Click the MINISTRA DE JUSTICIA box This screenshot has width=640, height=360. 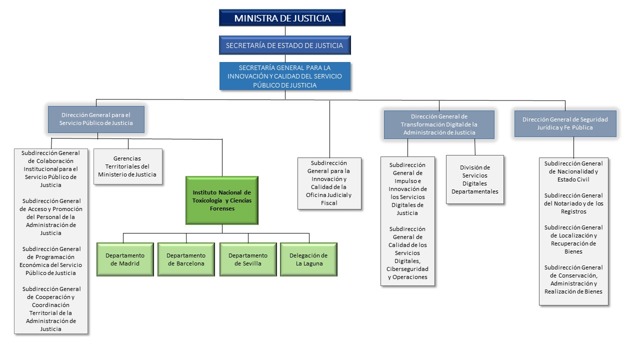(282, 18)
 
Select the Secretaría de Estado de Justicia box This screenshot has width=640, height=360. (284, 45)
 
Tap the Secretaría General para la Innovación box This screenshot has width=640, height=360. (284, 76)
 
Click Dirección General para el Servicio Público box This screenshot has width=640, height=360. (96, 119)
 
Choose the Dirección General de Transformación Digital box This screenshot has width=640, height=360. (439, 124)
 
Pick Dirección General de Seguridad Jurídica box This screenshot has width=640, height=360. (565, 123)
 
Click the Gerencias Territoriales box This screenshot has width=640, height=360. (127, 166)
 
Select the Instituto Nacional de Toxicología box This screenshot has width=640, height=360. (222, 200)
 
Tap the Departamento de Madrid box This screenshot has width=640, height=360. (125, 259)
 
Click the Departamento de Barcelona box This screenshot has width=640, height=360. (186, 259)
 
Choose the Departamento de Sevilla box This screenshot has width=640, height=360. (248, 259)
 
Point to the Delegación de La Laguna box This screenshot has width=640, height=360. (308, 259)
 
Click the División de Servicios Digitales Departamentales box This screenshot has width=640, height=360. (474, 179)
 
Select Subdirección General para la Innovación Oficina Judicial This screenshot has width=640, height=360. (329, 183)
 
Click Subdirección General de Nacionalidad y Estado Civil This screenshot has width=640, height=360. (573, 171)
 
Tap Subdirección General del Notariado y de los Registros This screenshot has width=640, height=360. (573, 203)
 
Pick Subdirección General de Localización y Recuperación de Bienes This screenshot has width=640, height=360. (573, 239)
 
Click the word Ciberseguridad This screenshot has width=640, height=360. (407, 269)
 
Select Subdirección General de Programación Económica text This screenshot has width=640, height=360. (51, 261)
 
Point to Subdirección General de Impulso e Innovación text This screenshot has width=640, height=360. (407, 189)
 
